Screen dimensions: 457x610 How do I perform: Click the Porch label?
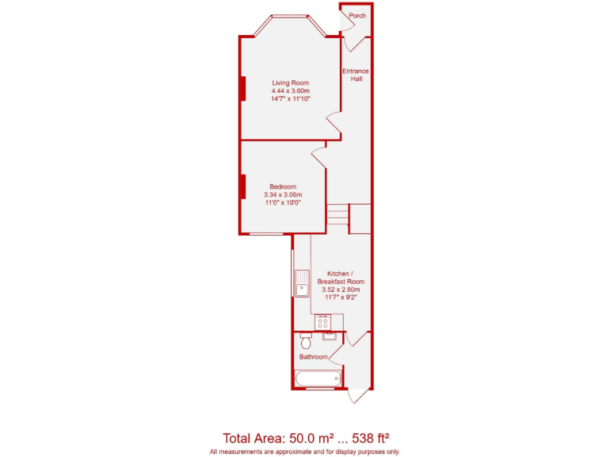click(357, 15)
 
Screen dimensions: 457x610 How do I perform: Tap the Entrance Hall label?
click(356, 75)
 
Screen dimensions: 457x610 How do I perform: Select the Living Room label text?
click(290, 83)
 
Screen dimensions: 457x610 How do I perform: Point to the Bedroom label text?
click(283, 186)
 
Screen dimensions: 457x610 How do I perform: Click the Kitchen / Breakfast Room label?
click(340, 277)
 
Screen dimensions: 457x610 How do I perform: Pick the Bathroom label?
click(313, 357)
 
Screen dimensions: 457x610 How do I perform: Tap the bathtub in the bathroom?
click(319, 378)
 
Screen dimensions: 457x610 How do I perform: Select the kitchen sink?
click(302, 283)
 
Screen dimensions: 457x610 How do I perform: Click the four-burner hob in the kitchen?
click(323, 322)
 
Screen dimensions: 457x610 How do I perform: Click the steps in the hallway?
click(338, 214)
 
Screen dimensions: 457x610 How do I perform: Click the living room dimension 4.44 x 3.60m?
click(290, 91)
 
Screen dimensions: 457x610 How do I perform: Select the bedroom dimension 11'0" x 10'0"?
click(283, 203)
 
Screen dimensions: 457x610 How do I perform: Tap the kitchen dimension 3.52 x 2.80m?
click(340, 290)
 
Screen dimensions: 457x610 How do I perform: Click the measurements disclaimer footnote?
click(305, 451)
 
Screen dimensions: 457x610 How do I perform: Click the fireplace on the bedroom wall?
click(242, 186)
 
